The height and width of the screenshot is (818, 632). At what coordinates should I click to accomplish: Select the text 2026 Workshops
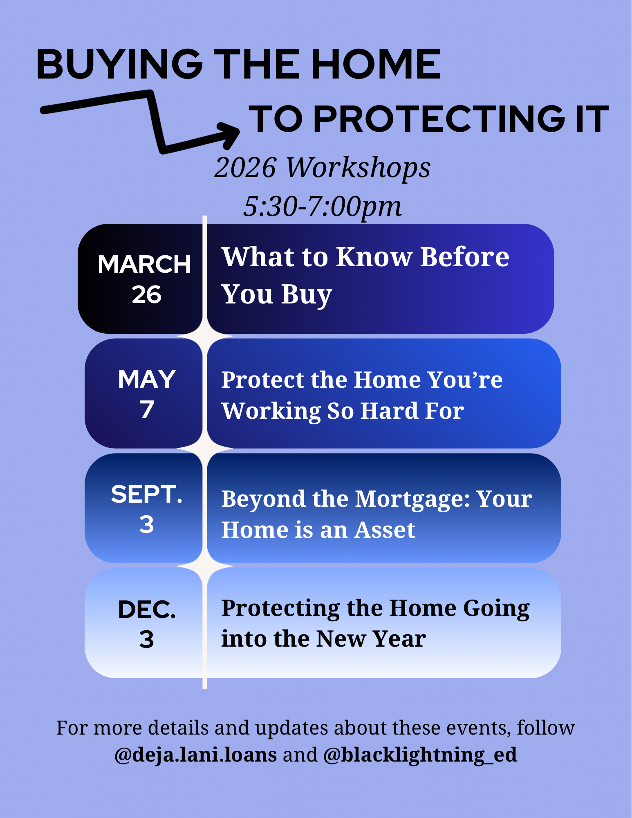322,167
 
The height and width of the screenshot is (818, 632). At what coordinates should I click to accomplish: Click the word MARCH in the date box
144,264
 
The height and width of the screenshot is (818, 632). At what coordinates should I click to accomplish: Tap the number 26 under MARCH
146,294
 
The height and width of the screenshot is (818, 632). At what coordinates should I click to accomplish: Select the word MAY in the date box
146,379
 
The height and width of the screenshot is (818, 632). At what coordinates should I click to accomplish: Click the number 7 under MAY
146,409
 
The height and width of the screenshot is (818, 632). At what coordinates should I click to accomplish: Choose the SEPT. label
146,494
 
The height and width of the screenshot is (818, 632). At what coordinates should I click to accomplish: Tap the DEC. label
146,609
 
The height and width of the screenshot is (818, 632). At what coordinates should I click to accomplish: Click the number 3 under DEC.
146,639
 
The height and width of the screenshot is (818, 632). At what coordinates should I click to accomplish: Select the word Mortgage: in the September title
412,499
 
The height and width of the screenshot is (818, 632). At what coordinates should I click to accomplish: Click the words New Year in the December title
371,638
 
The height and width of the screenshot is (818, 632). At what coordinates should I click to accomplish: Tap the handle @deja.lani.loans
195,755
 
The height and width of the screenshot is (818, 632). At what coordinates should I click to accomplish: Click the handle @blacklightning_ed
420,755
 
